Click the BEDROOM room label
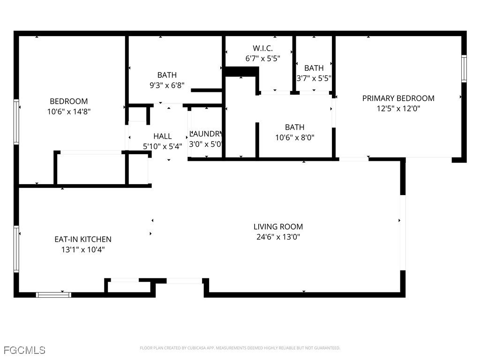(x=69, y=101)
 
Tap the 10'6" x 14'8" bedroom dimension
(x=69, y=112)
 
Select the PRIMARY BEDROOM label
(x=398, y=98)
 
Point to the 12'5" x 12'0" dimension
(x=398, y=108)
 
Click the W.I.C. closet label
(x=262, y=48)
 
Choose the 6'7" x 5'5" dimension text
(x=262, y=59)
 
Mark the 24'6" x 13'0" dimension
(x=278, y=237)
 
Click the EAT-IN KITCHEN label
(x=83, y=239)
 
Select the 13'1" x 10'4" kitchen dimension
(x=83, y=249)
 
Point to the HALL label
(x=162, y=136)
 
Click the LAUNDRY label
(x=205, y=134)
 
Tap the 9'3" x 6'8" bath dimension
(x=167, y=85)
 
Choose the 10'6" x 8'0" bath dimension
(x=294, y=137)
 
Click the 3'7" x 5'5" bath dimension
(x=314, y=78)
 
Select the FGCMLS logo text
(x=24, y=350)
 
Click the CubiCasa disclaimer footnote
(x=240, y=348)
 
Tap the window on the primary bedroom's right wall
(x=464, y=68)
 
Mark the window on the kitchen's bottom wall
(x=53, y=295)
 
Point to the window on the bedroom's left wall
(x=16, y=122)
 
